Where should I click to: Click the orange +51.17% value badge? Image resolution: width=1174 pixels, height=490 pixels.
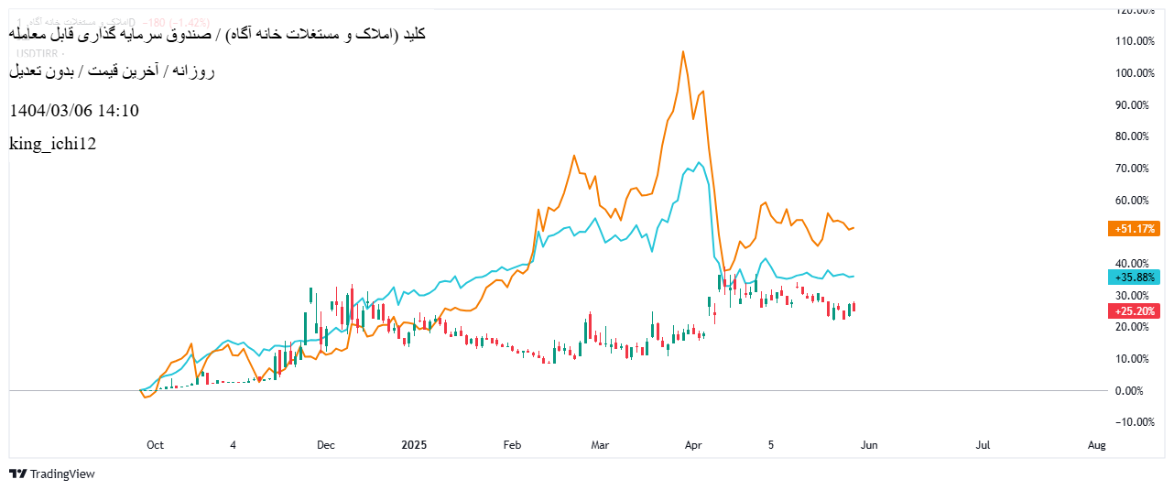[1136, 229]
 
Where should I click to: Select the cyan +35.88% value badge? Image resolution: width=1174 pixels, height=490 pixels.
[1136, 278]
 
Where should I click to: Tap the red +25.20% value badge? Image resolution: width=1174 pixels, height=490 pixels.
[1136, 311]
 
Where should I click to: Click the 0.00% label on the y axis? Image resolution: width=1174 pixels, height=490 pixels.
[1139, 391]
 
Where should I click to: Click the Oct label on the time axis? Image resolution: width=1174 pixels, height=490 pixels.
[155, 446]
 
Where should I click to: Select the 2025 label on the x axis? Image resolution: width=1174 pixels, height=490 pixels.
[415, 446]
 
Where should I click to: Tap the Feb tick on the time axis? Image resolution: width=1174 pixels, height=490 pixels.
[512, 446]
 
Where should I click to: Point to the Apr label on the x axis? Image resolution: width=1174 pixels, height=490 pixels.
[693, 446]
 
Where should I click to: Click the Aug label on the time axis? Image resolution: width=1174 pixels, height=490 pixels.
[1096, 446]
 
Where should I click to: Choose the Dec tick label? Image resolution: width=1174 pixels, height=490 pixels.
[326, 446]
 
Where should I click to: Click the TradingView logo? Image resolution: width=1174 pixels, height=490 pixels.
[52, 474]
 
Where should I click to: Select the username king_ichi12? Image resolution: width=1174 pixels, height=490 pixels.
[52, 144]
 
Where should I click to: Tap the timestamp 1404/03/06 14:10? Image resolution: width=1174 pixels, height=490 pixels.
[74, 111]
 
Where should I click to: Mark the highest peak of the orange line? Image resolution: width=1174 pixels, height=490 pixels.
[683, 52]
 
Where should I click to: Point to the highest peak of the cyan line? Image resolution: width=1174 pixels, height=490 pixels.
[699, 163]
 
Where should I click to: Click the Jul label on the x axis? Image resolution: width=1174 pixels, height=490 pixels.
[983, 446]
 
